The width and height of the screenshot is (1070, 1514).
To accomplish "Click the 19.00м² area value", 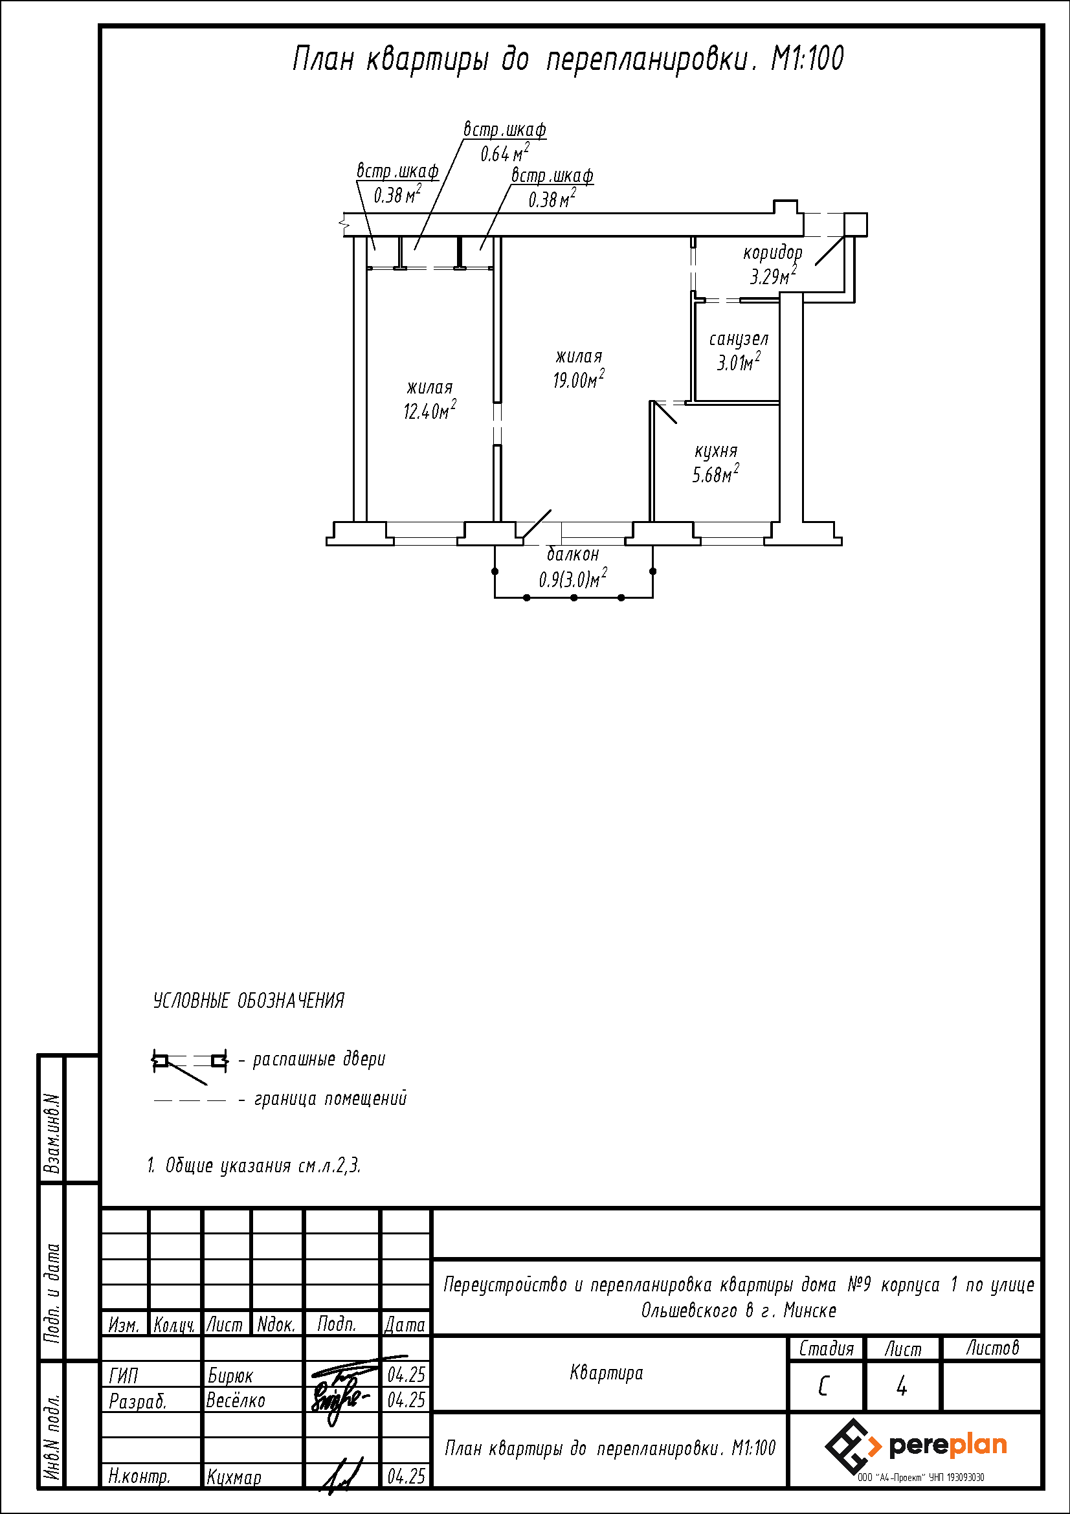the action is [x=579, y=379].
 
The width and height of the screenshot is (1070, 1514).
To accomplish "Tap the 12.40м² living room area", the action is [x=430, y=410].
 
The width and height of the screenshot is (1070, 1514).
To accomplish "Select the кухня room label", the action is [x=716, y=451].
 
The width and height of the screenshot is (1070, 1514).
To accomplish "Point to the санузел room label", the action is [x=739, y=339].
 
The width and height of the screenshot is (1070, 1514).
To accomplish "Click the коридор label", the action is [x=773, y=252].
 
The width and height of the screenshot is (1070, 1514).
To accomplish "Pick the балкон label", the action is [x=573, y=554].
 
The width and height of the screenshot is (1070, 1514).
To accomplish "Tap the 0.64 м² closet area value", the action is [x=504, y=153].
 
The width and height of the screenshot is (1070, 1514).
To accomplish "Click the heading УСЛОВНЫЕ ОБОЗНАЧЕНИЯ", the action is [x=249, y=1001].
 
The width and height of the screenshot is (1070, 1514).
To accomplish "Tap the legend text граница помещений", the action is [x=330, y=1098].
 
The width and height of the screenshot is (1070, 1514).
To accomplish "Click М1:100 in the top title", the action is [x=808, y=59].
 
